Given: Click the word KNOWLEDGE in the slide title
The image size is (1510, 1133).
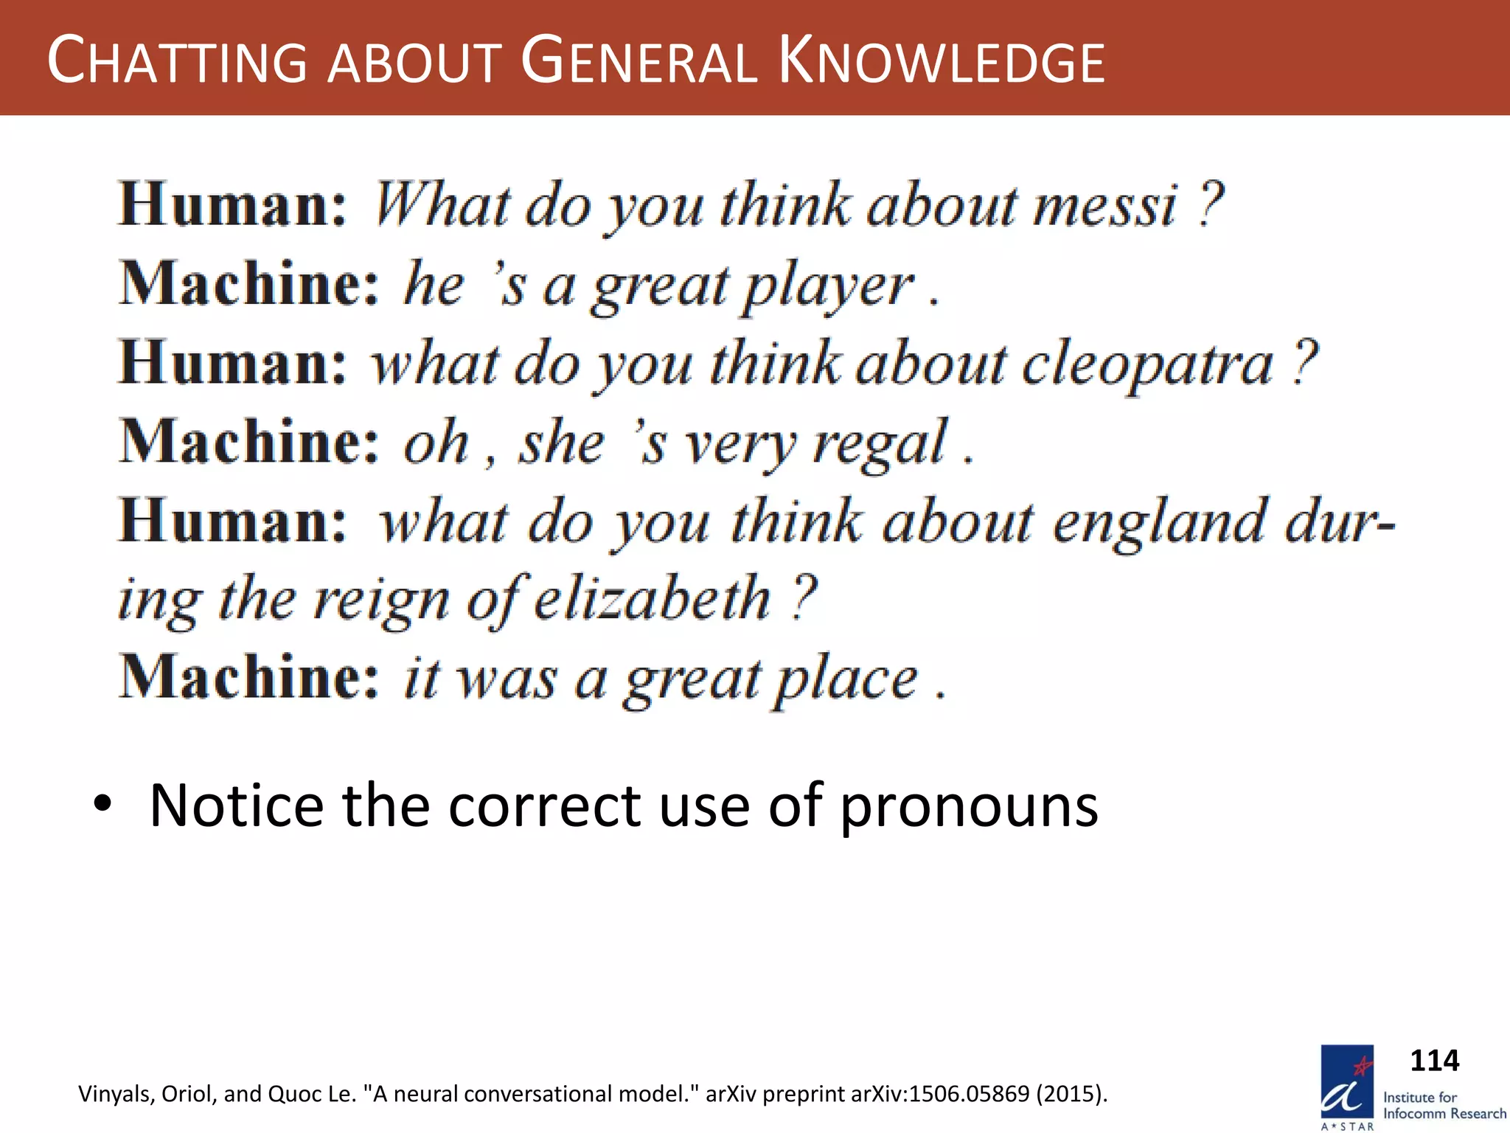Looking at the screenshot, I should [942, 62].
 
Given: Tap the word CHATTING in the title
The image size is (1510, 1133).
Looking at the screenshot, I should [177, 62].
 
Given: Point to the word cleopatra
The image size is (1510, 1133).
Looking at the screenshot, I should [1147, 364].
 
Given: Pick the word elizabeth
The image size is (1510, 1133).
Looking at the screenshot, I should [652, 599].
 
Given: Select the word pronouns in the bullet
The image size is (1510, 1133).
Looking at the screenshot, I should [969, 805].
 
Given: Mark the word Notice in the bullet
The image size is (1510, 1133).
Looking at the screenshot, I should [236, 805].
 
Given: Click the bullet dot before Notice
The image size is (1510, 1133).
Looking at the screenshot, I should [102, 803].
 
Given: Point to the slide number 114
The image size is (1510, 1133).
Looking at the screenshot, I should [1434, 1061].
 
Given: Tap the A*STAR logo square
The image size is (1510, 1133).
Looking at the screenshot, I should [1347, 1081].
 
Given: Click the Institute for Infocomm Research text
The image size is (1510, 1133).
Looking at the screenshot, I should [1444, 1105].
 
